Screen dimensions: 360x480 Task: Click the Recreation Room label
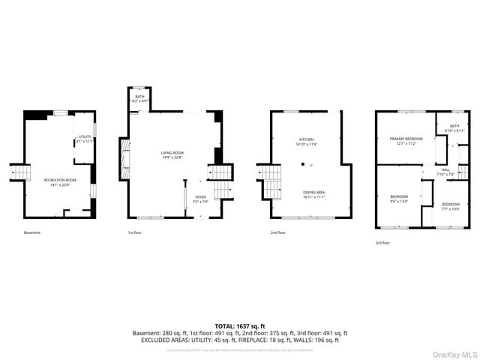tap(60, 181)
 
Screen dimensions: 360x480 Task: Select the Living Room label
tap(172, 154)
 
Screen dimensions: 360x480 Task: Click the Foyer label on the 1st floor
tap(199, 200)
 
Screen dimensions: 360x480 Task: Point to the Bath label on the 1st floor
tap(139, 98)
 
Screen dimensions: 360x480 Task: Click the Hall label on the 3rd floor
tap(445, 171)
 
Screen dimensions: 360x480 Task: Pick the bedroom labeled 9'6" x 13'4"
tap(398, 199)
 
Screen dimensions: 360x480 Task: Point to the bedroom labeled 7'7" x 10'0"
tap(450, 206)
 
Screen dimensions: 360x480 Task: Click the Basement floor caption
tap(32, 232)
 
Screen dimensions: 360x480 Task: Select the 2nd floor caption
tap(277, 232)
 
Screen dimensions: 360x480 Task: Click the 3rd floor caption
tap(383, 242)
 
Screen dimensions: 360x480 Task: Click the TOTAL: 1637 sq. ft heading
tap(240, 325)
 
